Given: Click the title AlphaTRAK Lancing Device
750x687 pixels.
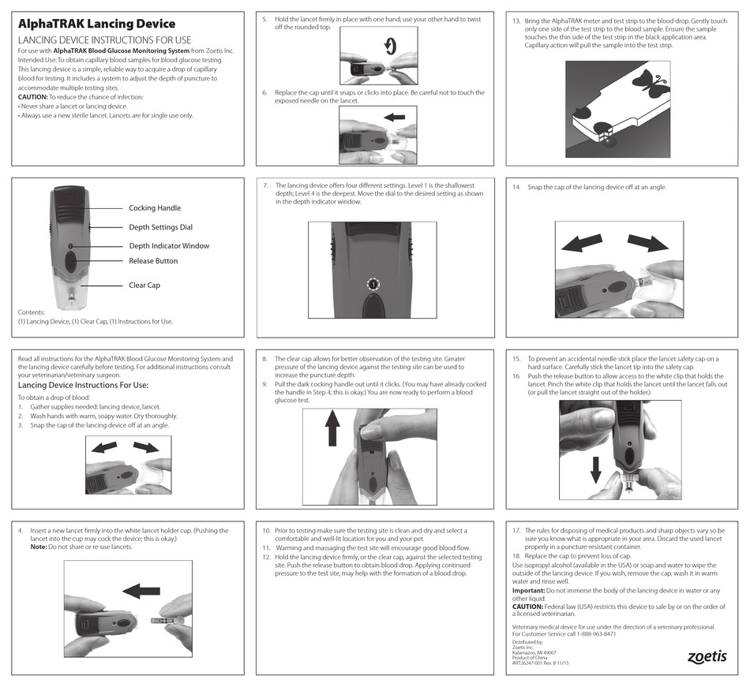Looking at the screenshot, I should (96, 24).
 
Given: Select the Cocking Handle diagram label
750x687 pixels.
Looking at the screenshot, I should (155, 208).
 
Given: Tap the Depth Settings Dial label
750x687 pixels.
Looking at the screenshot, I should (160, 227).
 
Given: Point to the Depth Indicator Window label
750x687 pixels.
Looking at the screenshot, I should (169, 246).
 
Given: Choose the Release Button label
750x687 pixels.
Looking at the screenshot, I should (153, 261).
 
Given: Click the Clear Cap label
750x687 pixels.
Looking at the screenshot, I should (144, 286).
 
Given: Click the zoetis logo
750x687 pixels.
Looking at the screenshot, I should (706, 656).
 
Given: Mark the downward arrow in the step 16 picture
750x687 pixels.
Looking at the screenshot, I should (596, 469).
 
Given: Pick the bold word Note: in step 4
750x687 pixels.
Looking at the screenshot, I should (38, 547).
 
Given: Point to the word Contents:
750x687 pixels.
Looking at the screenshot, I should (32, 312).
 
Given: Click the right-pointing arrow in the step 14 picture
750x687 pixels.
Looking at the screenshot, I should (647, 243).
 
